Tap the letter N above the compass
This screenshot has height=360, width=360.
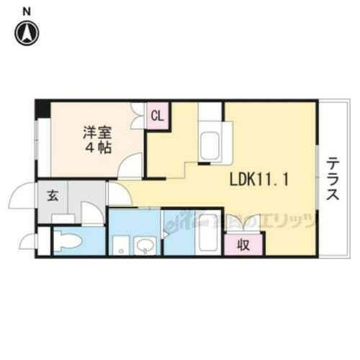(27, 10)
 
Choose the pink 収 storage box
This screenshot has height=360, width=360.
(244, 244)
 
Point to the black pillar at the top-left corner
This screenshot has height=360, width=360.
(42, 109)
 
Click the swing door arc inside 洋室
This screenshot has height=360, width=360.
(130, 166)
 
